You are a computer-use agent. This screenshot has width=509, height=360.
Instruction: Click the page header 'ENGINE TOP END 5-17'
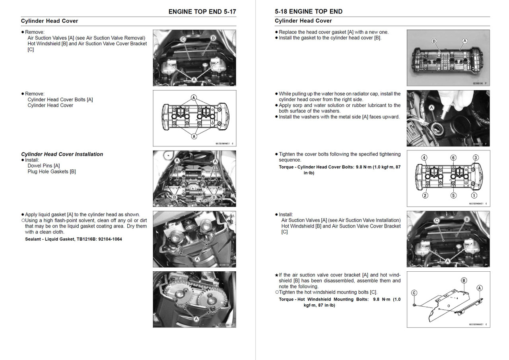202,12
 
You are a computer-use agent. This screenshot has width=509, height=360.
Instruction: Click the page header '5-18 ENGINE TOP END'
309,12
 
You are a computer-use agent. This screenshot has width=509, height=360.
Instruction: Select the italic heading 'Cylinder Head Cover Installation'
62,154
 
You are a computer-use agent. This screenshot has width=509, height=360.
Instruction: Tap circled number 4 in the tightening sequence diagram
425,158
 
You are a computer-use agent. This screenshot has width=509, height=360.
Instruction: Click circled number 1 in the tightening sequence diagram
474,195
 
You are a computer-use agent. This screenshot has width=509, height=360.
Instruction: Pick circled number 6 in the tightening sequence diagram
453,158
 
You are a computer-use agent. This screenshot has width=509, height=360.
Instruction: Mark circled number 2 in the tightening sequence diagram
425,195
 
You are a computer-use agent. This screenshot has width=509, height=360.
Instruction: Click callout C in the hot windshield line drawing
414,293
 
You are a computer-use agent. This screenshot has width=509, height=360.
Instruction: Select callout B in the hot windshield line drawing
464,280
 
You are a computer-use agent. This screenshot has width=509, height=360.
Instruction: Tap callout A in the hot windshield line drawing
480,288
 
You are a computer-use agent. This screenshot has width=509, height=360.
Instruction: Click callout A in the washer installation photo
431,108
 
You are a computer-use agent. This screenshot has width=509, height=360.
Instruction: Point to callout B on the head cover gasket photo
434,41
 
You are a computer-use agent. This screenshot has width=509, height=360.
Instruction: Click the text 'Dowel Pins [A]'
44,166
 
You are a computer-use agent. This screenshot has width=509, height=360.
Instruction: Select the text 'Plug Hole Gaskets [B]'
52,171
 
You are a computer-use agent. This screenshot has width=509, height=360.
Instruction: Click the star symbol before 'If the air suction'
276,275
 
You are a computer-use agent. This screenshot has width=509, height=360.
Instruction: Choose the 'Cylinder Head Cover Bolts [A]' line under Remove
60,100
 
